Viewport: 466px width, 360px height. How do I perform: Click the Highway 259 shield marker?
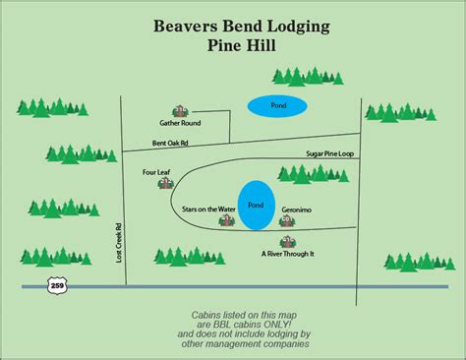click(57, 285)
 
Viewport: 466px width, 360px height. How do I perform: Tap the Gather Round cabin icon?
click(180, 111)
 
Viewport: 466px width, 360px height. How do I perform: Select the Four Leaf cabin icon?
click(166, 183)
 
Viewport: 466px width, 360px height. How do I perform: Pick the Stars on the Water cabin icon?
click(227, 220)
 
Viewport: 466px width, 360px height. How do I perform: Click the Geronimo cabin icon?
click(287, 221)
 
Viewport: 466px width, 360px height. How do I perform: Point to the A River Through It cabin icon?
click(288, 242)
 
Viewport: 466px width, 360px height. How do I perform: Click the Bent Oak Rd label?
click(170, 143)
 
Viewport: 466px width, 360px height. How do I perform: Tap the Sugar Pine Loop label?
click(330, 153)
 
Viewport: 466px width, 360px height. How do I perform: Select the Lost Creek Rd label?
click(119, 243)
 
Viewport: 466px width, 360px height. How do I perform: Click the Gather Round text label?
click(180, 123)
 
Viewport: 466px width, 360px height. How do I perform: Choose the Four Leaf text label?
click(156, 172)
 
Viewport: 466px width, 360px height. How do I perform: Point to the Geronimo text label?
click(297, 210)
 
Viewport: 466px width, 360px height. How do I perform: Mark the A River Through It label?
click(288, 254)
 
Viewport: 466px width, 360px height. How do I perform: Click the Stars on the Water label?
click(208, 210)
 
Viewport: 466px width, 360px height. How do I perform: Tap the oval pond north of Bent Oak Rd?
click(277, 106)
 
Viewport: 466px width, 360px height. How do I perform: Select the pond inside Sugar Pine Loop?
click(256, 206)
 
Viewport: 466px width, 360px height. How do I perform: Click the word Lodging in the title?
click(299, 27)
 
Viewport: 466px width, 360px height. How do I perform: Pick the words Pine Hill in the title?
click(242, 45)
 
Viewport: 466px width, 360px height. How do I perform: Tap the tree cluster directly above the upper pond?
click(308, 77)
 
